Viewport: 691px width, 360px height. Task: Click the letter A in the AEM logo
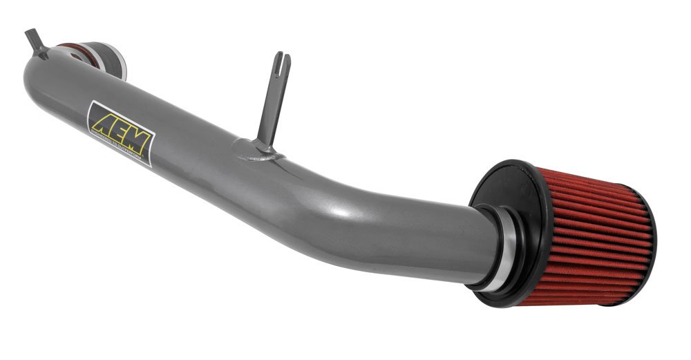102,120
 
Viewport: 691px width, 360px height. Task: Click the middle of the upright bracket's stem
272,104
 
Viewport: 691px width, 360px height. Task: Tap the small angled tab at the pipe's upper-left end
35,43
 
